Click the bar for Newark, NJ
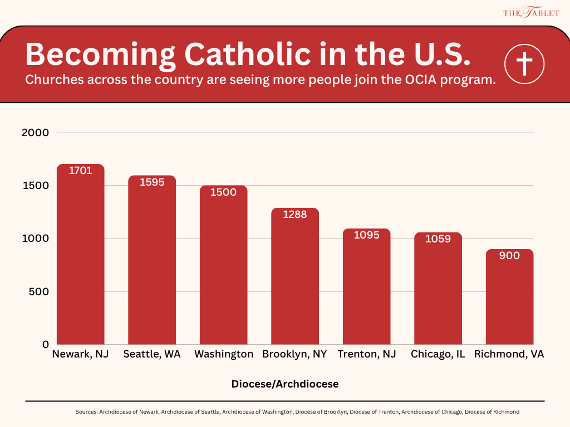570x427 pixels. point(81,256)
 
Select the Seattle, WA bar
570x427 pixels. point(152,261)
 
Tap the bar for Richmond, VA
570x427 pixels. point(509,297)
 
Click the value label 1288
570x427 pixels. point(294,214)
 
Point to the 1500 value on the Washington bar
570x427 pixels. point(223,192)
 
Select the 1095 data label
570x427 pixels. point(366,235)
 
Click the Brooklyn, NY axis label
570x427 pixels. point(294,354)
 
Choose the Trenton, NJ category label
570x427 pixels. point(367,354)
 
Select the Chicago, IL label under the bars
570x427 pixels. point(438,354)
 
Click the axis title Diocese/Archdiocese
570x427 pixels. point(285,384)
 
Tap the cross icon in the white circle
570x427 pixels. point(524,64)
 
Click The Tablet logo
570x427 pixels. point(531,12)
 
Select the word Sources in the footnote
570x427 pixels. point(86,412)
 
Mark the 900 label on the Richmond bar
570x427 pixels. point(509,256)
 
